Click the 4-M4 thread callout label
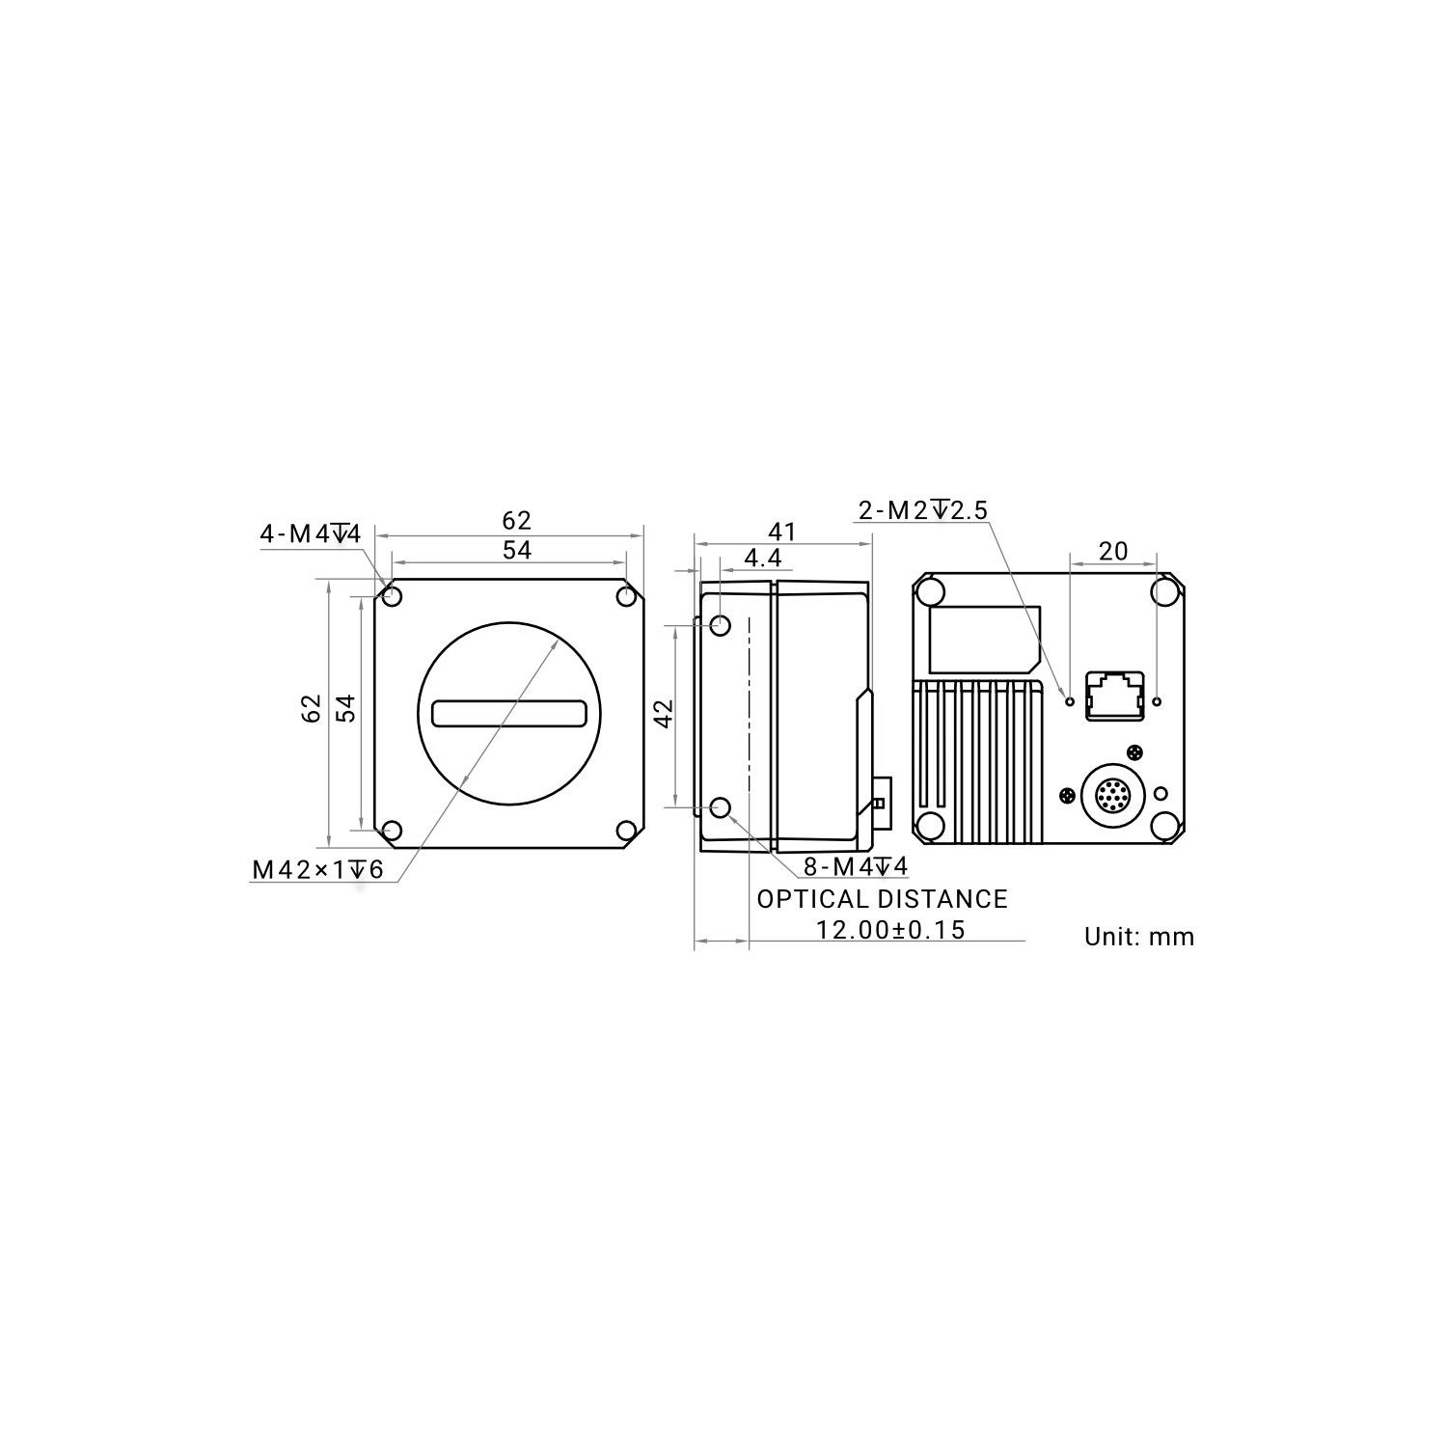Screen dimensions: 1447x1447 tap(310, 533)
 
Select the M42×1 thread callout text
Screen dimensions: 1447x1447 tap(317, 870)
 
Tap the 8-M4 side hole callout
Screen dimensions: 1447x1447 tap(856, 867)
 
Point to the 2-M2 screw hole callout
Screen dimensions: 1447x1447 tap(923, 510)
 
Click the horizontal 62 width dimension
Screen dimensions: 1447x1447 tap(516, 521)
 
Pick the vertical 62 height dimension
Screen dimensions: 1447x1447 tap(311, 709)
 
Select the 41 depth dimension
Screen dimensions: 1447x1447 tap(782, 532)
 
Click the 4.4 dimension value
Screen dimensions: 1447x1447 tap(762, 559)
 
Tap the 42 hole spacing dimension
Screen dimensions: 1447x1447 tap(664, 714)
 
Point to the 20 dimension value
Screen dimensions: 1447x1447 tap(1112, 551)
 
